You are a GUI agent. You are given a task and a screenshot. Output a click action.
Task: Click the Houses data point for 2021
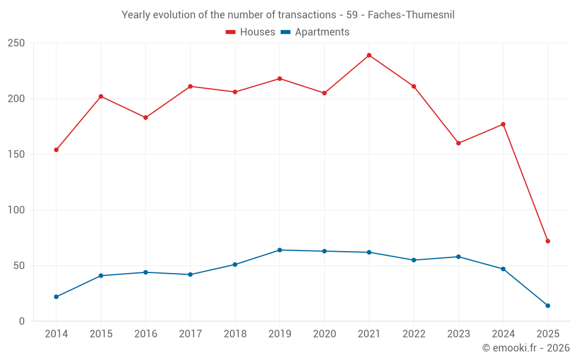369,55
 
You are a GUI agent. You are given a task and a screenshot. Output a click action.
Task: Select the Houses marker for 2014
56,150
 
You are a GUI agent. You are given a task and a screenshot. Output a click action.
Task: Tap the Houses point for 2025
548,241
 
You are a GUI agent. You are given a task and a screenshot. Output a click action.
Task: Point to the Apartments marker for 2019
280,250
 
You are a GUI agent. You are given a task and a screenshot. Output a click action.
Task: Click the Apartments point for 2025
548,306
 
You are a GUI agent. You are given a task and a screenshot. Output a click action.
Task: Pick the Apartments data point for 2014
56,297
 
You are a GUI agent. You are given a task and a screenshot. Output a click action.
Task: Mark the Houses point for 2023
458,143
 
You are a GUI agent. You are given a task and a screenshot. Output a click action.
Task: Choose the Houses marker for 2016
146,118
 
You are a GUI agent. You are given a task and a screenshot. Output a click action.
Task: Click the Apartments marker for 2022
414,260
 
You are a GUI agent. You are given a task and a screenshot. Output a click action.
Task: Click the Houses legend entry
251,32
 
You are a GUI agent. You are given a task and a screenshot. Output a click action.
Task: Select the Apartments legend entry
314,32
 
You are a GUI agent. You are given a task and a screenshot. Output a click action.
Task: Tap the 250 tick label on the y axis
16,43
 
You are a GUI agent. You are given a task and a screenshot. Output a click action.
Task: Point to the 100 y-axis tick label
16,210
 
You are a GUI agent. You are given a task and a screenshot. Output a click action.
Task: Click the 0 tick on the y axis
21,321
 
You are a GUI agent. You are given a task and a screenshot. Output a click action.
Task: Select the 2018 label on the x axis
235,334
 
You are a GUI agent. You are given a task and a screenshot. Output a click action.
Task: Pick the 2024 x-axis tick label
503,334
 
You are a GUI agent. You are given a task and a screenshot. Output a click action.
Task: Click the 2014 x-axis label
56,334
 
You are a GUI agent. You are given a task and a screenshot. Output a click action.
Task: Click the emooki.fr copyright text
526,348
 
